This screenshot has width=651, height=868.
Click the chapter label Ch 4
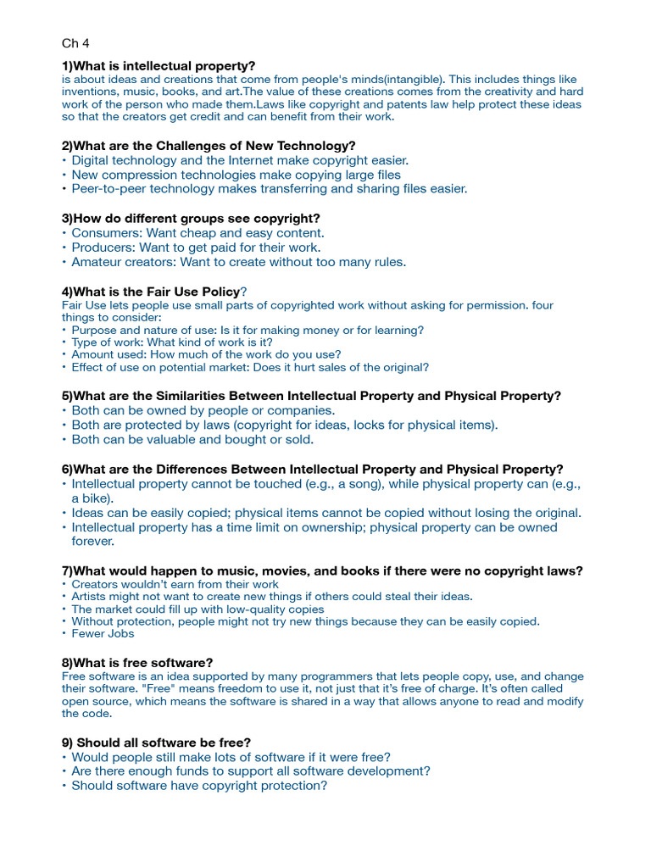[75, 43]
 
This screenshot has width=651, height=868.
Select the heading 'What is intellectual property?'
[159, 66]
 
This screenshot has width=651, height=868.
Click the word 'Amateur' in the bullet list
[97, 262]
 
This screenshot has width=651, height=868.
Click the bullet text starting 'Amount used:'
[206, 354]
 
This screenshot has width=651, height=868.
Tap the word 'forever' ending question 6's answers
[92, 541]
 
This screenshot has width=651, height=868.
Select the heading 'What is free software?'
[137, 662]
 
